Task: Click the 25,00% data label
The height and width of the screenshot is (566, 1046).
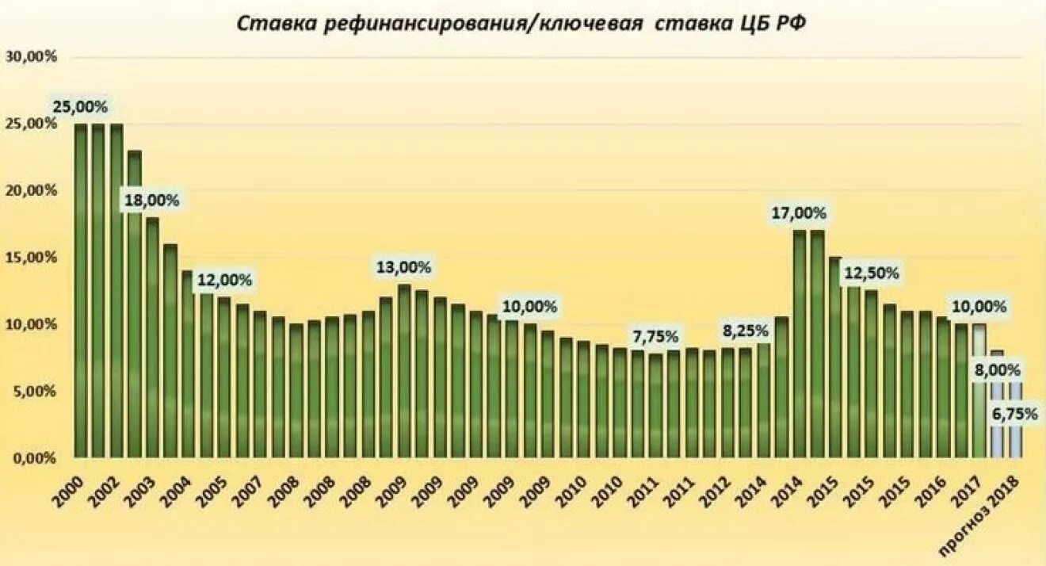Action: pyautogui.click(x=80, y=106)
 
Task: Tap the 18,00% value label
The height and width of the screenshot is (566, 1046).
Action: pyautogui.click(x=151, y=201)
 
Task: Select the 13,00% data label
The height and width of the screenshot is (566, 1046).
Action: pyautogui.click(x=403, y=268)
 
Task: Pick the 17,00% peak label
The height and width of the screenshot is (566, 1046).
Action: pyautogui.click(x=799, y=212)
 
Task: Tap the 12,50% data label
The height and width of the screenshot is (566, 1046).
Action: pyautogui.click(x=872, y=273)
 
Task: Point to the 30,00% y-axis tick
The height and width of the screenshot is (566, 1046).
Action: pyautogui.click(x=32, y=57)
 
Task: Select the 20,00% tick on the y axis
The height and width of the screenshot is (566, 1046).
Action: pyautogui.click(x=32, y=191)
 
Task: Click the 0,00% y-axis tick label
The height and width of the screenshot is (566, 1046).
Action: pyautogui.click(x=35, y=458)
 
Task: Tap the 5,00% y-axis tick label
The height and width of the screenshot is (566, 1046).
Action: pyautogui.click(x=35, y=392)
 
